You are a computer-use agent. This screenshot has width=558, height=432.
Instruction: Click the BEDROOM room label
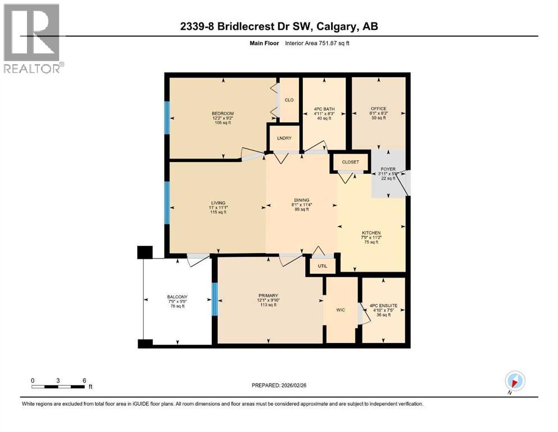point(219,114)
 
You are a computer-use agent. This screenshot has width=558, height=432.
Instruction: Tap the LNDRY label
point(283,138)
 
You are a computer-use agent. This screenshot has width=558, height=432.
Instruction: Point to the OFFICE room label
point(378,109)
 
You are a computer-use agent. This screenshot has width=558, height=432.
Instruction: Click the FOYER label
point(387,168)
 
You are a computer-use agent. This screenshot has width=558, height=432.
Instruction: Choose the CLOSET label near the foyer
point(350,162)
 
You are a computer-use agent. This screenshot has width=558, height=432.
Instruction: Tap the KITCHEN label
point(371,233)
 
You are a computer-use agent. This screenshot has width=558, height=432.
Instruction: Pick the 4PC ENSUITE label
point(382,307)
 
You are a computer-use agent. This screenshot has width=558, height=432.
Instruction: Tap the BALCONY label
point(177,297)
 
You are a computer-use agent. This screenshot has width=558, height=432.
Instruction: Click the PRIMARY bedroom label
point(268,296)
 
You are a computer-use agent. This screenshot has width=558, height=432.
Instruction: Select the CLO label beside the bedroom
point(289,100)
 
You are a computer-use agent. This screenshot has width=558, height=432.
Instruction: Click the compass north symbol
point(514,381)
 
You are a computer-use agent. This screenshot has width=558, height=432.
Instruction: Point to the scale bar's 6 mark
point(84,380)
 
